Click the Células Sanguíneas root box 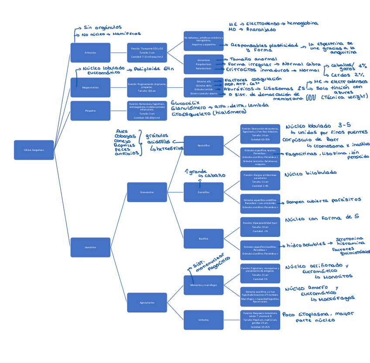tap(34, 150)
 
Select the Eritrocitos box tap(90, 52)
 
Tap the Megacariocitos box tap(90, 87)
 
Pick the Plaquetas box tap(90, 111)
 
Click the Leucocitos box tap(90, 247)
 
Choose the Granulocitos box tap(147, 192)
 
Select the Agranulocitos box tap(147, 302)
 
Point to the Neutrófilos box tap(203, 145)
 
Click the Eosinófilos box tap(203, 192)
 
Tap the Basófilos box tap(203, 239)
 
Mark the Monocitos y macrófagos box tap(203, 285)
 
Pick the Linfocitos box tap(203, 320)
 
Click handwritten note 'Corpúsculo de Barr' tap(311, 140)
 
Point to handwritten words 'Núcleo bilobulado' tap(310, 174)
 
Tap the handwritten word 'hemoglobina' tap(302, 23)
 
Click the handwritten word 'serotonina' tap(349, 239)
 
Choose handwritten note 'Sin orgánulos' tap(103, 27)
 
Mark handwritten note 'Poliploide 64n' tap(154, 68)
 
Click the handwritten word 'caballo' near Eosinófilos tap(215, 175)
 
